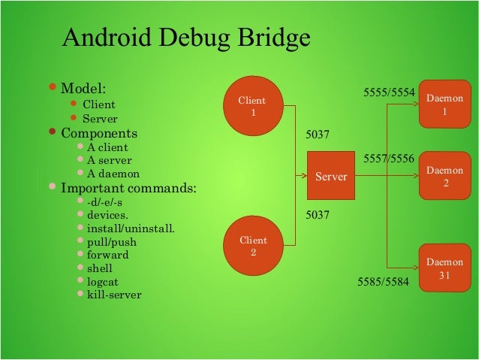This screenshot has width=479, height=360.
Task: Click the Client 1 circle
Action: [252, 106]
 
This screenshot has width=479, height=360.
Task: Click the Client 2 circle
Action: [252, 246]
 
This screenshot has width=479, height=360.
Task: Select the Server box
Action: [331, 177]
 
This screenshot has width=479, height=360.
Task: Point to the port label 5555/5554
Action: [389, 92]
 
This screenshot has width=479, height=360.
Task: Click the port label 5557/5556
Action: [389, 159]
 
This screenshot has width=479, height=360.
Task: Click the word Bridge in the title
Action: [267, 38]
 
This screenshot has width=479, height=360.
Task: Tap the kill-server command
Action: [114, 294]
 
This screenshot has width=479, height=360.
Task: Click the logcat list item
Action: [103, 281]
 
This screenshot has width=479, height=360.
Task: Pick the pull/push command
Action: [113, 241]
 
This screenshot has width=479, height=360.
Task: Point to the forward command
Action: [107, 255]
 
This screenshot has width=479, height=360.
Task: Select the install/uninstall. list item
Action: [131, 228]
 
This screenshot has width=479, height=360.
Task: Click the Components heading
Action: [99, 134]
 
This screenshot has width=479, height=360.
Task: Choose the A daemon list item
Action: [113, 174]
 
